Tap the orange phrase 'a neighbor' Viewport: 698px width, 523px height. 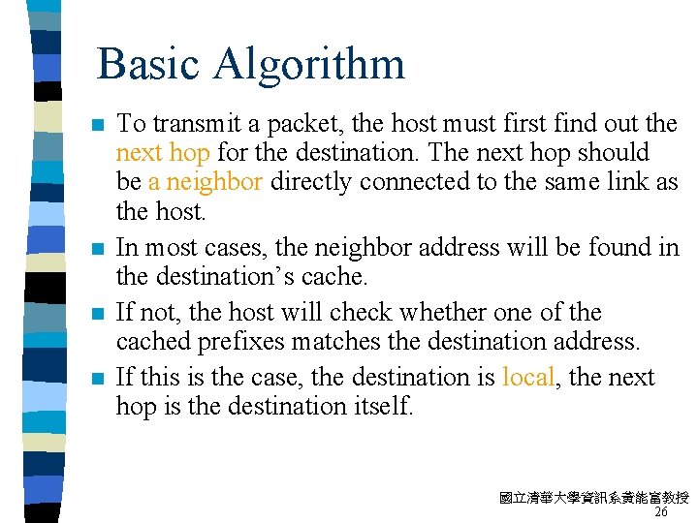206,181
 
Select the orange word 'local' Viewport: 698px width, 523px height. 528,377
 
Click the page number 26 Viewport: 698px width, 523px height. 661,511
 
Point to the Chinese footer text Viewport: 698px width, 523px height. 593,498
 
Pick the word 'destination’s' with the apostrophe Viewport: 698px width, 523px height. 217,276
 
